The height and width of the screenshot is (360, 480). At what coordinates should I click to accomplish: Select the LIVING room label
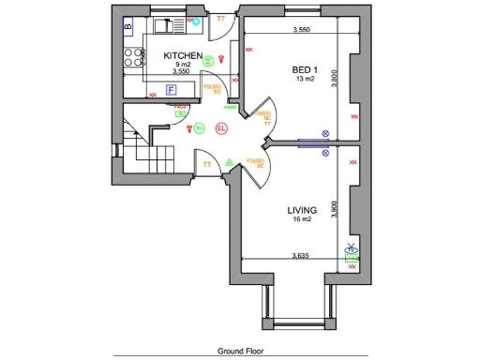(x=302, y=209)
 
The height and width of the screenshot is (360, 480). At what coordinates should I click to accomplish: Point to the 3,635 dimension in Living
(x=300, y=255)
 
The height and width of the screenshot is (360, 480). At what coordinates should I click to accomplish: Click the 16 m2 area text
(x=301, y=218)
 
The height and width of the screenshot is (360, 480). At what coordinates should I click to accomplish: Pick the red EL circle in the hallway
(x=222, y=127)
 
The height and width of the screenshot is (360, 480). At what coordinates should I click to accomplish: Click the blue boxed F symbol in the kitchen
(x=172, y=90)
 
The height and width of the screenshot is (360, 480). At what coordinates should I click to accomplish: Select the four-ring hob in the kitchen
(x=131, y=55)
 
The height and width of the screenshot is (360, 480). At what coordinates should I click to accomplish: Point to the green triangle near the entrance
(x=228, y=162)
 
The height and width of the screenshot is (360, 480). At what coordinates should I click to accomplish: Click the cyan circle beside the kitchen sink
(x=196, y=20)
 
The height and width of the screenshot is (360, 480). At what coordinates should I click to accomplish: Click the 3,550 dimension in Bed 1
(x=300, y=30)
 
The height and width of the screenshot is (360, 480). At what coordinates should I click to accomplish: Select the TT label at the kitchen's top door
(x=220, y=18)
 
